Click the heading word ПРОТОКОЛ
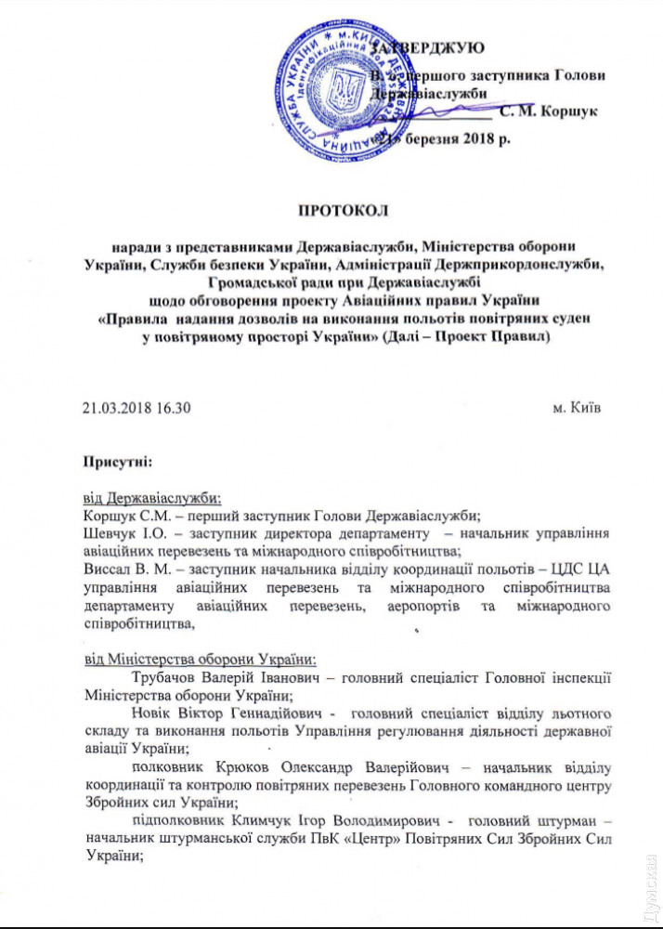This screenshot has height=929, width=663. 331,209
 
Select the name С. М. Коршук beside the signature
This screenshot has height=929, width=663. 548,112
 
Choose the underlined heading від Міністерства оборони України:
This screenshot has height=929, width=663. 201,660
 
